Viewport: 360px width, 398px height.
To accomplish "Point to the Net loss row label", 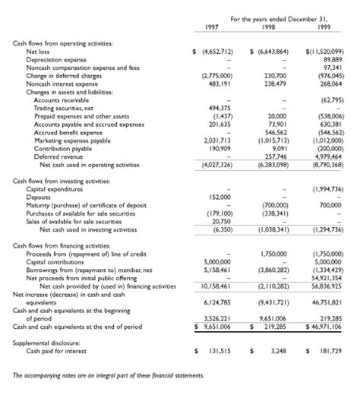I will coord(40,51).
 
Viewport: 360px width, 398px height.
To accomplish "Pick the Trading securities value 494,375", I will coord(217,107).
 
